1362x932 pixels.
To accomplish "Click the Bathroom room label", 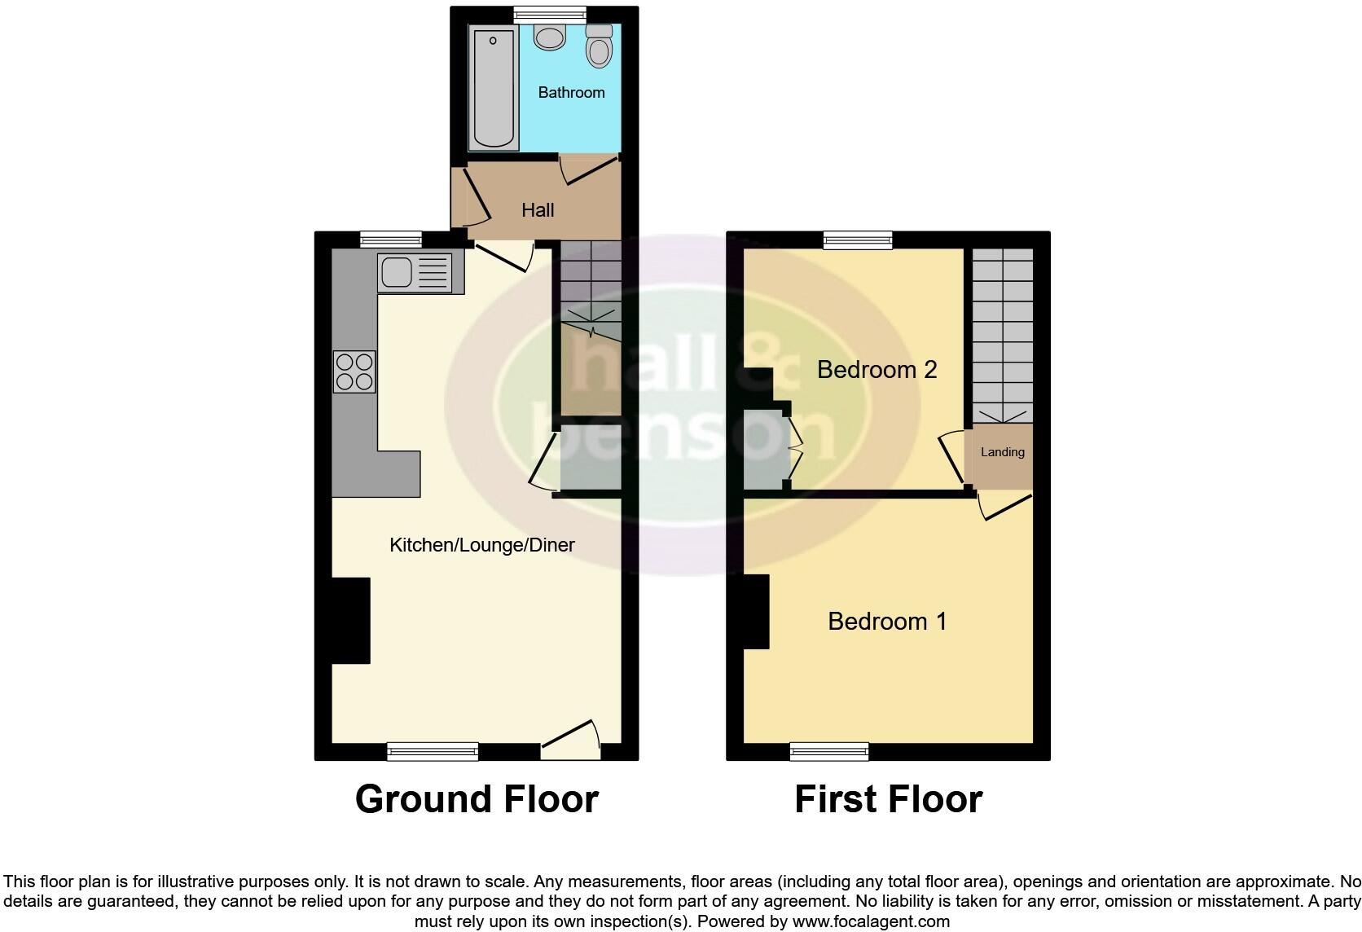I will pos(571,92).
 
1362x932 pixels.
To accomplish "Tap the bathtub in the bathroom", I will pos(494,88).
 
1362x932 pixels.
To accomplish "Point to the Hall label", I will pos(538,210).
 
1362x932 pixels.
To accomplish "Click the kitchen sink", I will pos(414,272).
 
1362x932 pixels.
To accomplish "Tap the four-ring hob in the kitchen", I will pos(354,371).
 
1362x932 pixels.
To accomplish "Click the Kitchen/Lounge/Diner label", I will pos(482,544).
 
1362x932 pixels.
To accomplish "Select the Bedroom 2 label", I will pos(877,369).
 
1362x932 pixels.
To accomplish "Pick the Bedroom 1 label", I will pos(887,621).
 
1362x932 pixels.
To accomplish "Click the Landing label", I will pos(1002,452).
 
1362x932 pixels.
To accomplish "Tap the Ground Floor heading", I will pos(477,799).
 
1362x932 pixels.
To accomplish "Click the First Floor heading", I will pos(888,799).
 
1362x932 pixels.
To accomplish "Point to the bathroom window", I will pos(550,13).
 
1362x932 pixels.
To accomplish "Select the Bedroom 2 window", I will pos(858,240).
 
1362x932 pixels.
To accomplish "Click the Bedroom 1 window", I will pos(829,751).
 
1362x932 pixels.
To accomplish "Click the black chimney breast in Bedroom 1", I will pos(757,611).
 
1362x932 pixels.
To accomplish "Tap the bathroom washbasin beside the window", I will pos(551,37).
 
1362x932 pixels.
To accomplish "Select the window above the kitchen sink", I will pos(391,240).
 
